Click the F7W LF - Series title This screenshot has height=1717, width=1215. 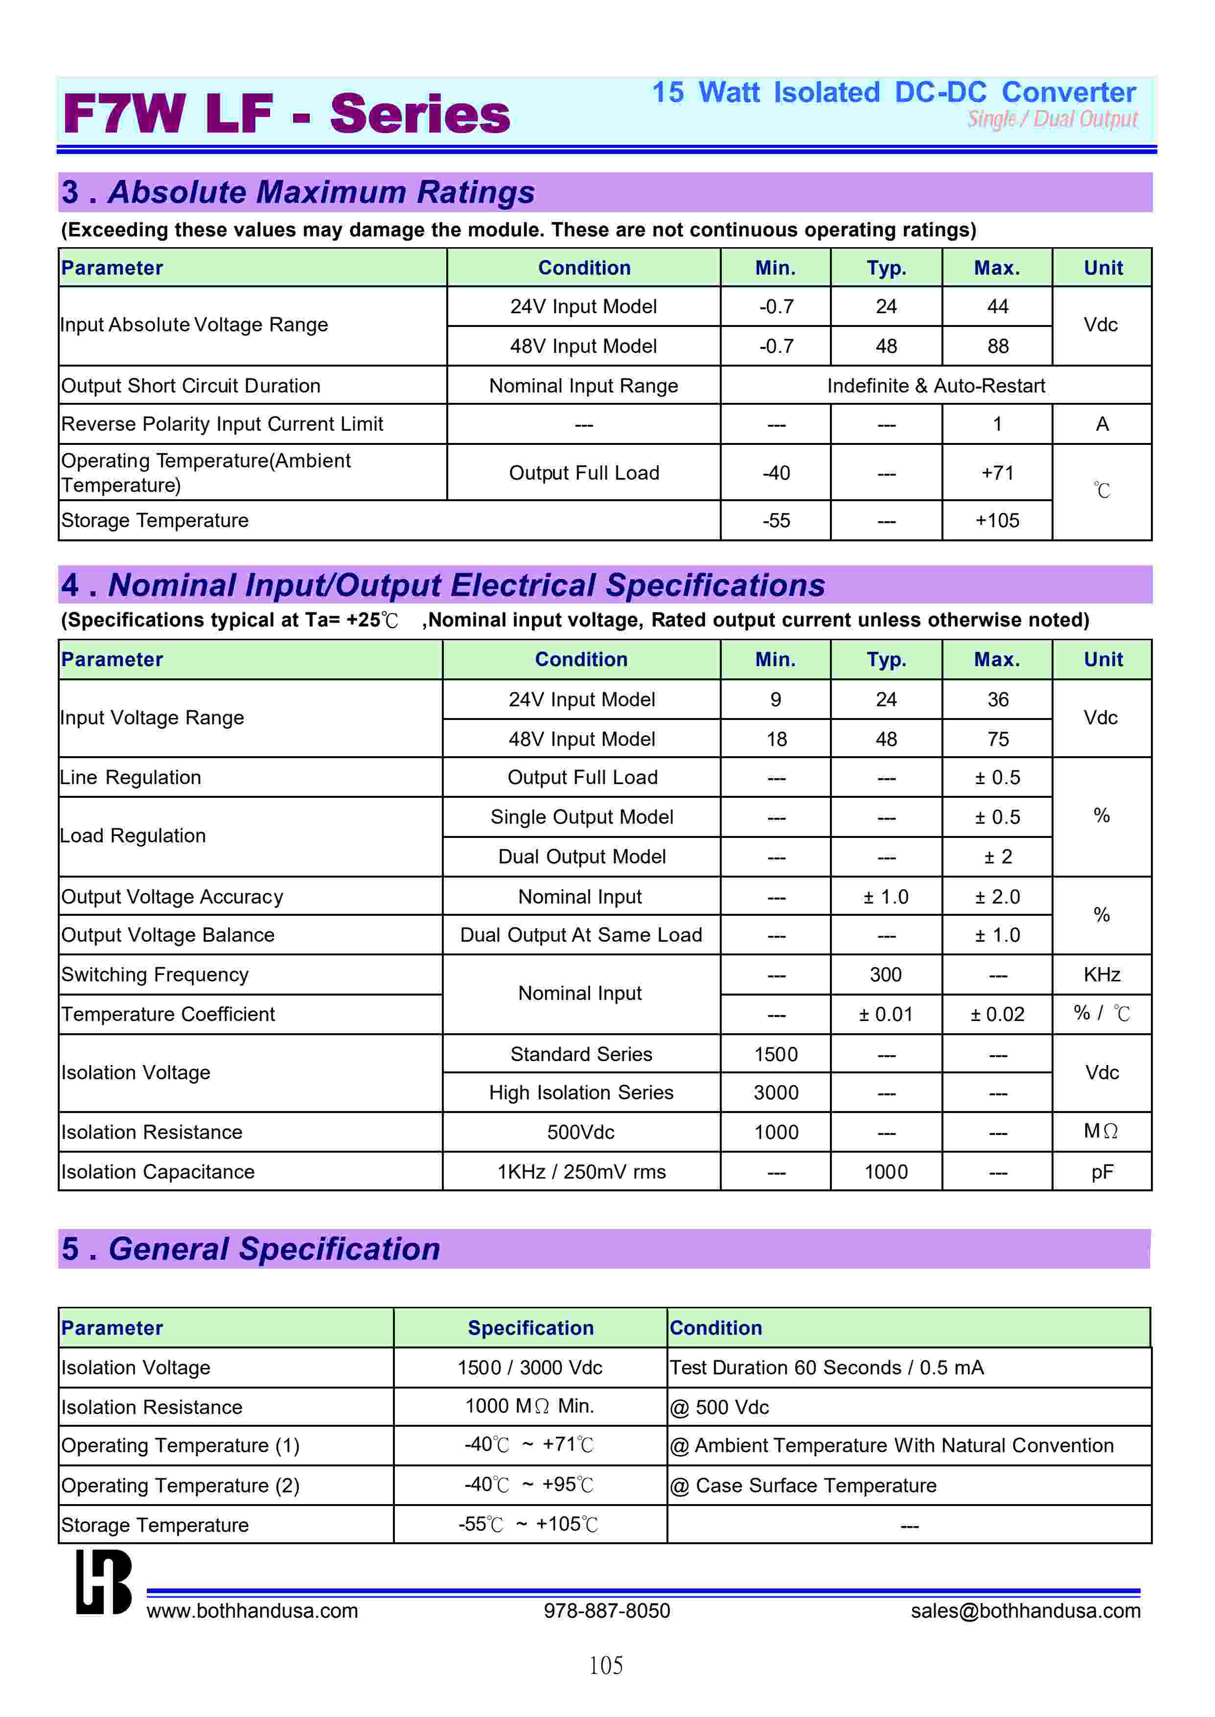(x=286, y=114)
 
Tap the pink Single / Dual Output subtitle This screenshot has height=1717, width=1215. (x=1052, y=119)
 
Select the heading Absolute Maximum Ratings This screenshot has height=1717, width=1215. (x=321, y=192)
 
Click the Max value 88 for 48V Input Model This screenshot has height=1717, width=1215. (x=997, y=347)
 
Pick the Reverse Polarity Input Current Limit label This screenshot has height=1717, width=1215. (x=222, y=424)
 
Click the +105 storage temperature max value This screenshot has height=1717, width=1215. (x=997, y=521)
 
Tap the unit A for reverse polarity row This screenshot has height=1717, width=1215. (x=1101, y=424)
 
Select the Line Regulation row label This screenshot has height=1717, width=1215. (x=131, y=777)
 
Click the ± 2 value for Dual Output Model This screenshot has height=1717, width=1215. (x=997, y=857)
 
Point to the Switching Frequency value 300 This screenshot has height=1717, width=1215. (x=886, y=975)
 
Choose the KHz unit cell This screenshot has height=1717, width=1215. (x=1101, y=975)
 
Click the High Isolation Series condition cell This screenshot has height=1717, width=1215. (x=581, y=1093)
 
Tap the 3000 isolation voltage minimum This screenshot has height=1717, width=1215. (x=776, y=1093)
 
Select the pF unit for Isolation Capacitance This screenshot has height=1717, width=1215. (x=1101, y=1172)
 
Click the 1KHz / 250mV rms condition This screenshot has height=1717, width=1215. (x=581, y=1172)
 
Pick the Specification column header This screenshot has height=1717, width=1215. (x=530, y=1328)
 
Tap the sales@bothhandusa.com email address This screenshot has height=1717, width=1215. (x=1025, y=1611)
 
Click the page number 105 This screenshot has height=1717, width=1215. (x=606, y=1666)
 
